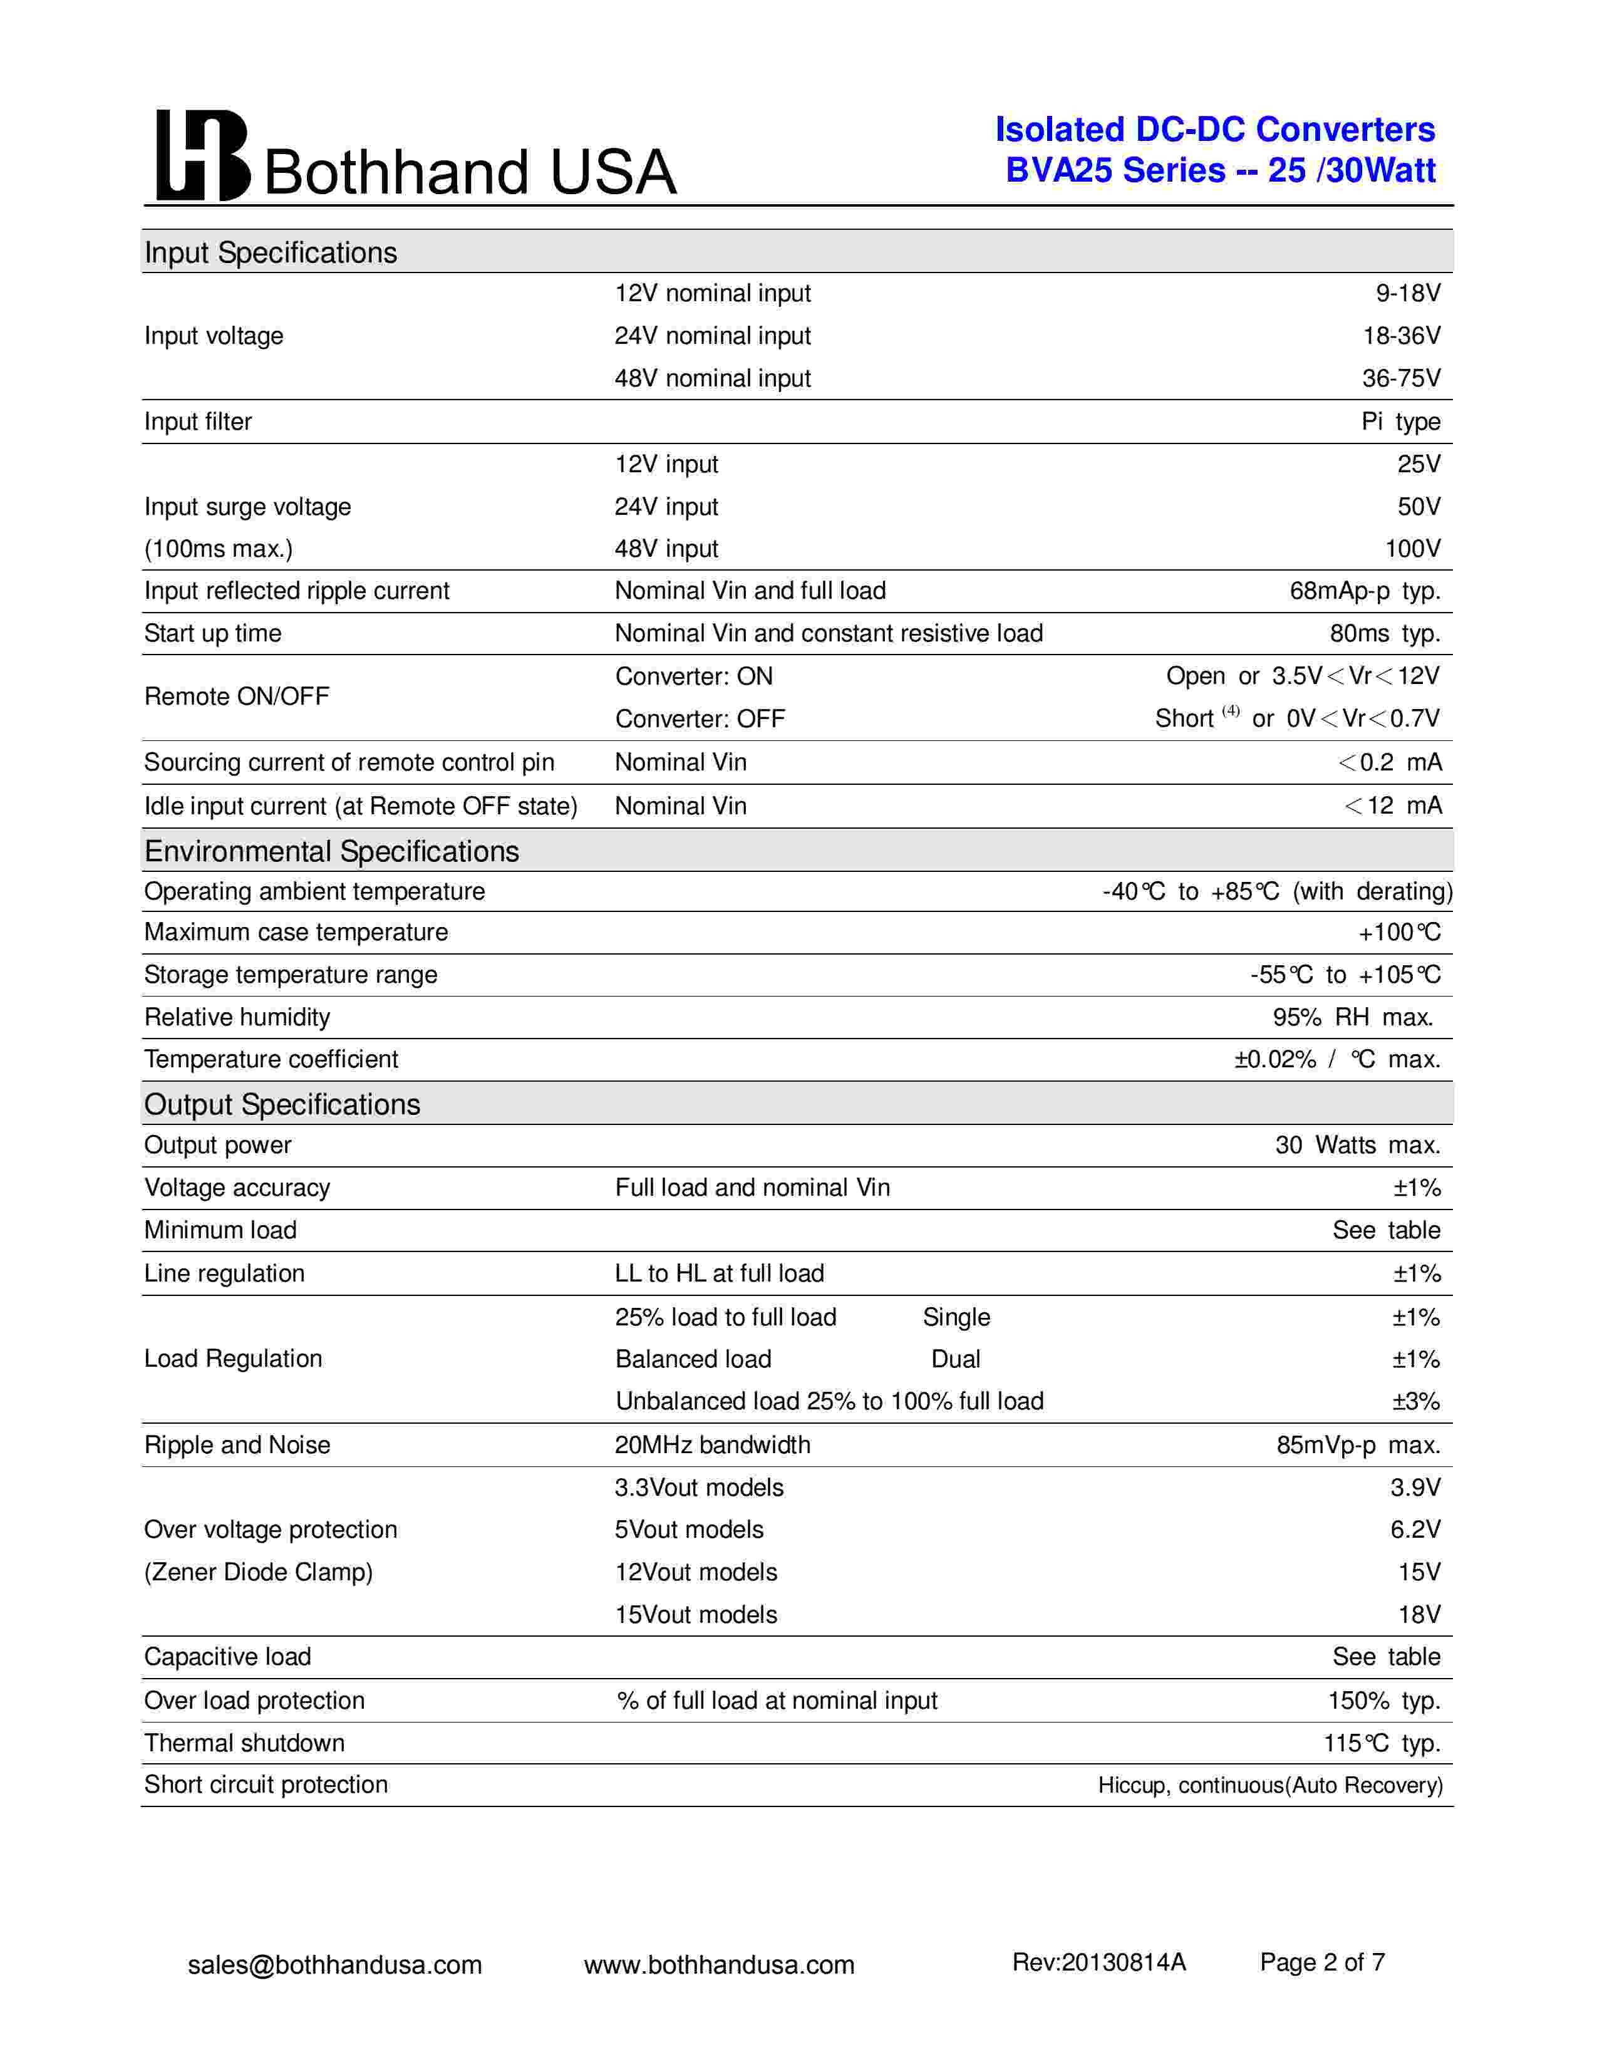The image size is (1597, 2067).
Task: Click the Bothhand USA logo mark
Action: tap(202, 155)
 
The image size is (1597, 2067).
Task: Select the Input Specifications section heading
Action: tap(271, 252)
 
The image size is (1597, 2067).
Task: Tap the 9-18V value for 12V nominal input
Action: tap(1408, 293)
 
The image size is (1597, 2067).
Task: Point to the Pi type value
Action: tap(1400, 422)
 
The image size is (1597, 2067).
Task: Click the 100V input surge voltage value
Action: tap(1412, 549)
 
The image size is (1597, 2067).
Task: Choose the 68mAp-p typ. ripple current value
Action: tap(1364, 591)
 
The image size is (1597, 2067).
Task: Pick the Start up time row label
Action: tap(213, 633)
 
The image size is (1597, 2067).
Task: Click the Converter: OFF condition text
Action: tap(700, 719)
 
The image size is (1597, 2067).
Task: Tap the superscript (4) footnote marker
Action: tap(1230, 711)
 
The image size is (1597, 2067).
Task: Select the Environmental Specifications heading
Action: tap(331, 852)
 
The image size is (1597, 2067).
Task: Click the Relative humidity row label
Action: tap(237, 1017)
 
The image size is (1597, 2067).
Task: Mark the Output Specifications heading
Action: tap(282, 1104)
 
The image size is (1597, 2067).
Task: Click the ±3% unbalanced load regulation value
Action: tap(1415, 1402)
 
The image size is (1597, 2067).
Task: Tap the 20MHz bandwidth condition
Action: tap(713, 1445)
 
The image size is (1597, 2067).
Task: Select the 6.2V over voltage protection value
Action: tap(1415, 1530)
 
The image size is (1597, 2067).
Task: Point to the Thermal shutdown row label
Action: tap(244, 1743)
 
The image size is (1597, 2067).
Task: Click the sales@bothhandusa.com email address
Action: tap(335, 1965)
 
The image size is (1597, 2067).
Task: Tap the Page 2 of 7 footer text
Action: tap(1321, 1963)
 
